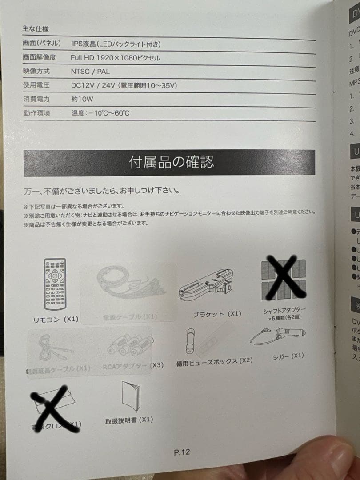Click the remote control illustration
coord(55,284)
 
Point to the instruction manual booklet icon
coord(132,396)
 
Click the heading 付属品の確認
coord(171,162)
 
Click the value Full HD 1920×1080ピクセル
coord(115,58)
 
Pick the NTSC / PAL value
coord(90,71)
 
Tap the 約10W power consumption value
coord(82,99)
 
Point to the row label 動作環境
coord(36,113)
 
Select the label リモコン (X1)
coord(56,319)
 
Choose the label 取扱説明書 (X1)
coord(129,420)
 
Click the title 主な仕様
coord(35,29)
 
